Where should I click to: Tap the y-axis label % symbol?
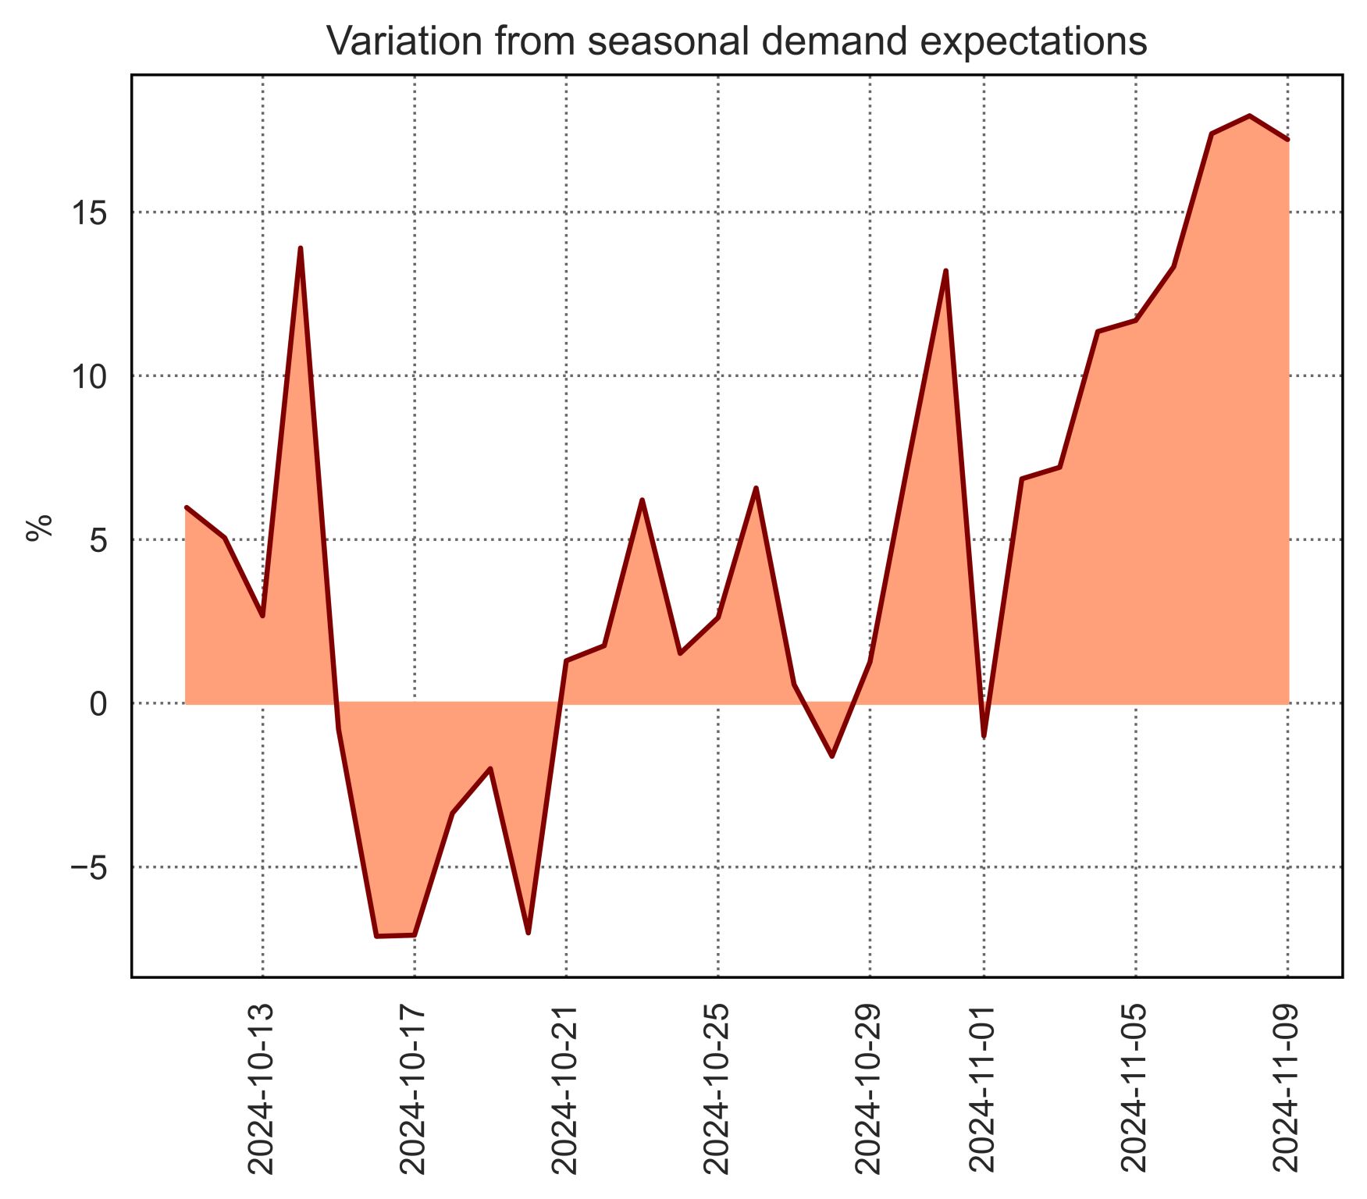click(39, 528)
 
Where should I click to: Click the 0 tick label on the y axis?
click(98, 703)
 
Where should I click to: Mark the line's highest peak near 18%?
click(1250, 116)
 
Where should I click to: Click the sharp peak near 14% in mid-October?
click(301, 248)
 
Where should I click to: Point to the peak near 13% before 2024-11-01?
click(945, 271)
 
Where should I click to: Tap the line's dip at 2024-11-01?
click(984, 736)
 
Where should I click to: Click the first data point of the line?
click(186, 507)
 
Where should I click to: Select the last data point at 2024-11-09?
click(1287, 140)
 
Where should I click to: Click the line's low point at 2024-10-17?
click(414, 934)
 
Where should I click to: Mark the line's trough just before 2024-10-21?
click(529, 933)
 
